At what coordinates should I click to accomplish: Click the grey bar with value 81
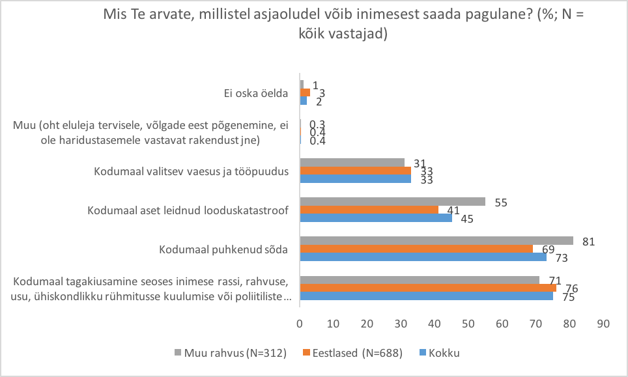point(436,241)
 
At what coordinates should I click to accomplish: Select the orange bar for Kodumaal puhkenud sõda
point(417,249)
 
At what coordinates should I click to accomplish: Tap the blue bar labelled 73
point(423,257)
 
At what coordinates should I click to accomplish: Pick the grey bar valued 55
point(392,202)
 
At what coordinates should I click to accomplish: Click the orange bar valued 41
point(369,210)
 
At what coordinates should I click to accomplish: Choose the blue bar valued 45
point(376,217)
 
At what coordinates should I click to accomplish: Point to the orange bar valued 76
point(428,288)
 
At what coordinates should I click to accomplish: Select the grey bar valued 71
point(420,280)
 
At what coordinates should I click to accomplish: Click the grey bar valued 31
point(352,163)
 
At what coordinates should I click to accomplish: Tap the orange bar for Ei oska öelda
point(305,92)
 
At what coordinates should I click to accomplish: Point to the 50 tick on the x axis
point(468,323)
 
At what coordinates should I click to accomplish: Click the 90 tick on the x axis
point(603,323)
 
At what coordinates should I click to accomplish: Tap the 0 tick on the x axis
point(300,323)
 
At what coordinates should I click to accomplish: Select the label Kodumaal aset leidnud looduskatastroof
point(188,210)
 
